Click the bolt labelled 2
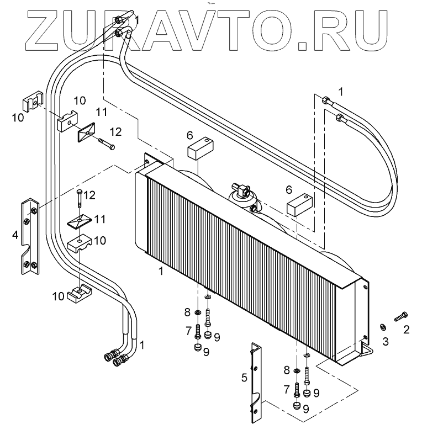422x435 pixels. pyautogui.click(x=400, y=317)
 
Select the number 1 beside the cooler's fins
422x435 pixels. pyautogui.click(x=161, y=272)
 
